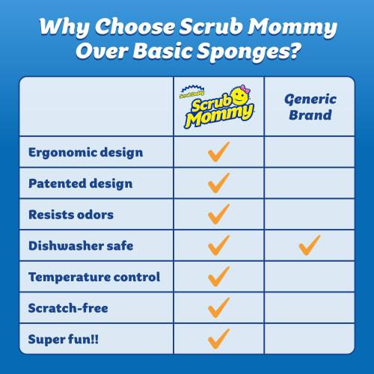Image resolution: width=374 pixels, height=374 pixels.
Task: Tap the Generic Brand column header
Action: click(x=309, y=108)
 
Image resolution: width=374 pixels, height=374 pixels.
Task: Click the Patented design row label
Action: click(x=81, y=183)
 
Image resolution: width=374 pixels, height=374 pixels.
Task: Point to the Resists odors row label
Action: click(x=72, y=214)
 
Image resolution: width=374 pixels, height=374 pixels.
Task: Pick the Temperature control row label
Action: click(x=94, y=277)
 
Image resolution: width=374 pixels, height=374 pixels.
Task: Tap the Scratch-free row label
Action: click(x=67, y=307)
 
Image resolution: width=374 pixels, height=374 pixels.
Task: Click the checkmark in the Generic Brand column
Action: click(x=309, y=245)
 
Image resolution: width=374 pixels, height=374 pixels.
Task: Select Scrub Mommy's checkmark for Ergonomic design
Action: click(x=218, y=152)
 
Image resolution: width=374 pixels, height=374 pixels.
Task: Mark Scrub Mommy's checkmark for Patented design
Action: click(x=218, y=183)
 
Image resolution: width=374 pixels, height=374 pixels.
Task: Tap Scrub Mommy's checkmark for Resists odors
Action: click(x=218, y=214)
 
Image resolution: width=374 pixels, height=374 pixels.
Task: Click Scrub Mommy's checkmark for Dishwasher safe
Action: click(x=218, y=245)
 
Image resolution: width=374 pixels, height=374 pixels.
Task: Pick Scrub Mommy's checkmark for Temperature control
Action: click(x=218, y=276)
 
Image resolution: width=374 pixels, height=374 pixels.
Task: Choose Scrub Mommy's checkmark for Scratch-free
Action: click(x=218, y=307)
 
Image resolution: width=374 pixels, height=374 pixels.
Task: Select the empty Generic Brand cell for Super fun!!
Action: click(x=309, y=338)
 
